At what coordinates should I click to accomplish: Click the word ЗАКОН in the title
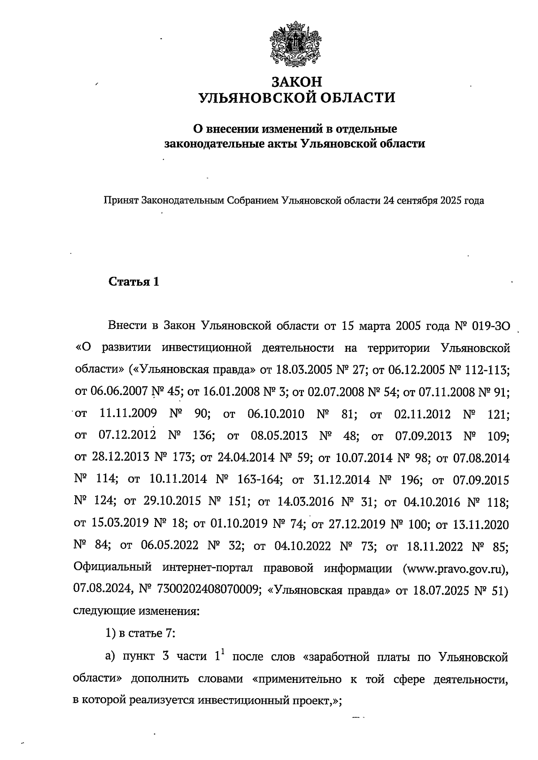coord(297,82)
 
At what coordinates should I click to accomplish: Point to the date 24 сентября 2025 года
coord(433,200)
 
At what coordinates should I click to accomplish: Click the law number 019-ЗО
coord(491,325)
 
